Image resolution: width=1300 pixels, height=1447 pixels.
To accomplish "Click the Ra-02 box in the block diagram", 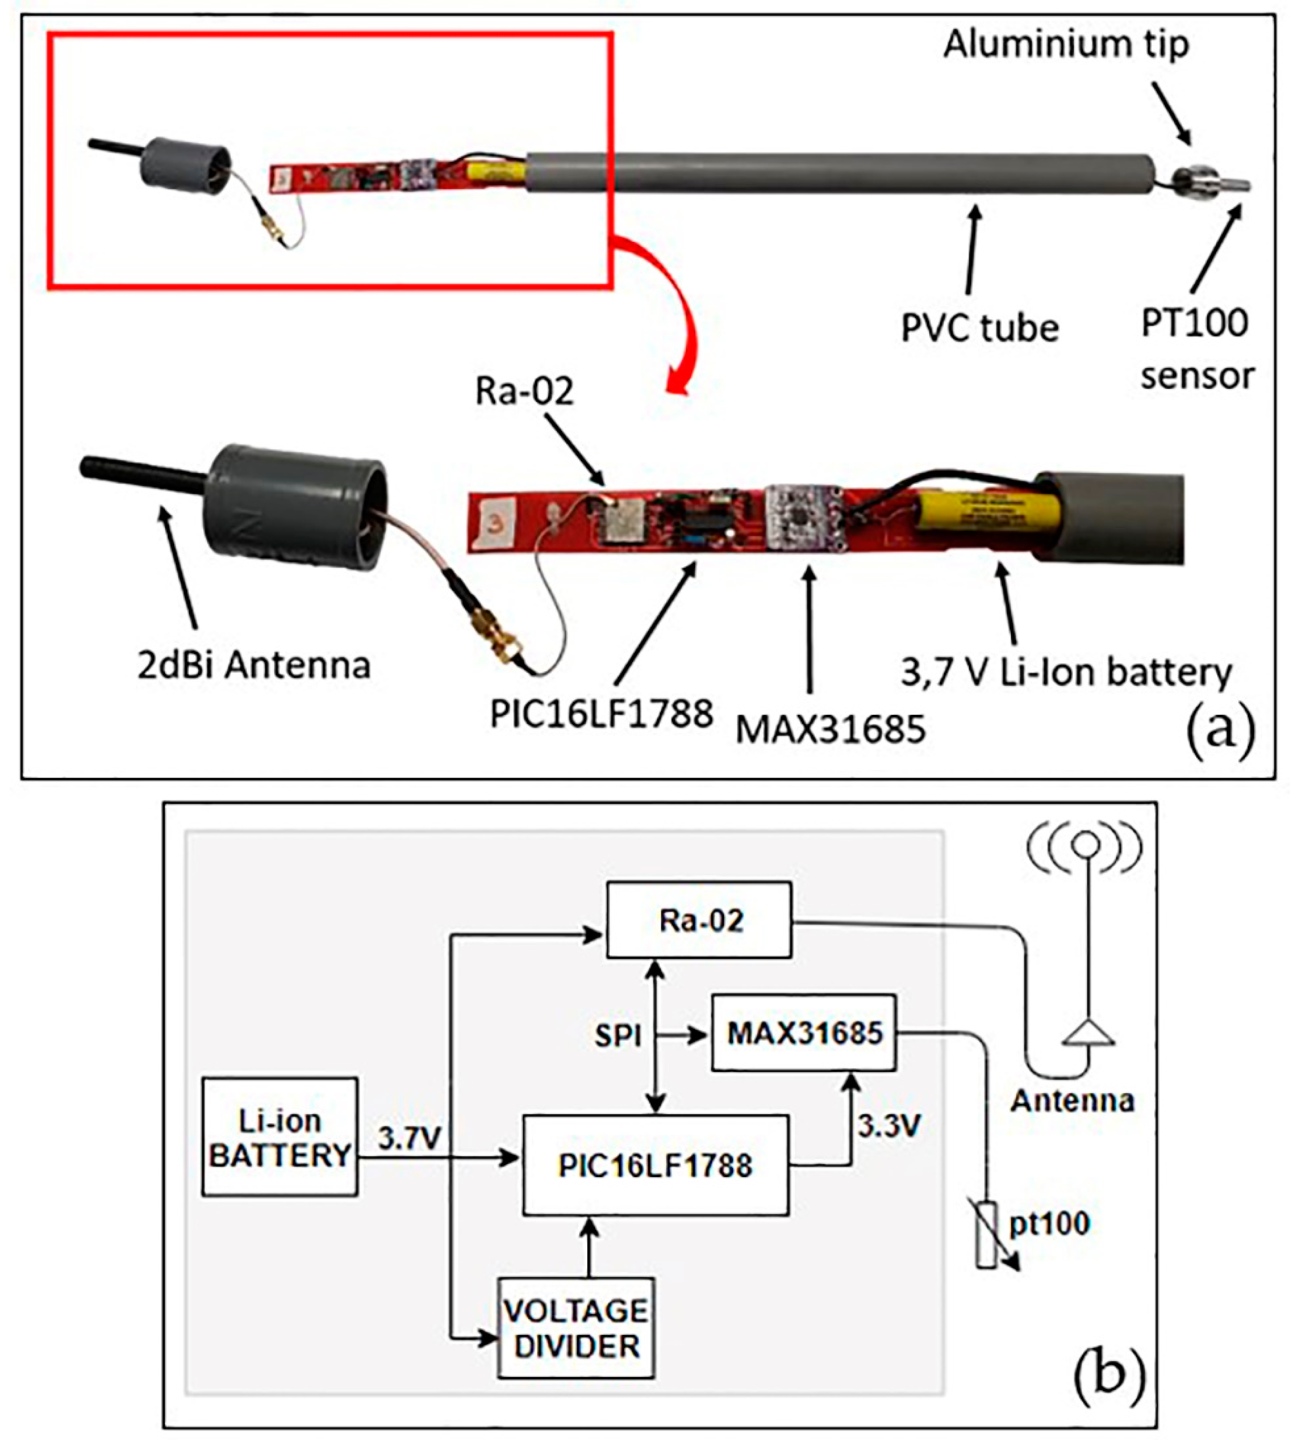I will click(699, 920).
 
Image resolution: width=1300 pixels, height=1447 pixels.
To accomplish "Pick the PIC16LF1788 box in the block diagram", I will click(655, 1165).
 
